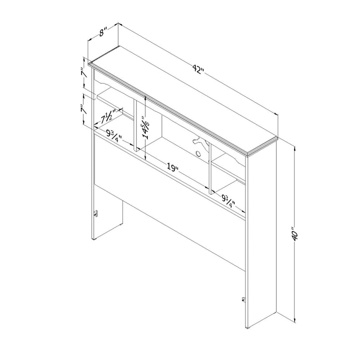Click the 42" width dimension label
click(198, 69)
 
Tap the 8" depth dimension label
click(103, 32)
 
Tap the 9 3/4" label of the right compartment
click(228, 201)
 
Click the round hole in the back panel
click(198, 153)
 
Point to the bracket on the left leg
click(96, 213)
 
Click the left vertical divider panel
click(136, 125)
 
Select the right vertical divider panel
click(210, 167)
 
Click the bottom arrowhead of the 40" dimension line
click(295, 320)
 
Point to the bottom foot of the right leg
click(247, 327)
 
